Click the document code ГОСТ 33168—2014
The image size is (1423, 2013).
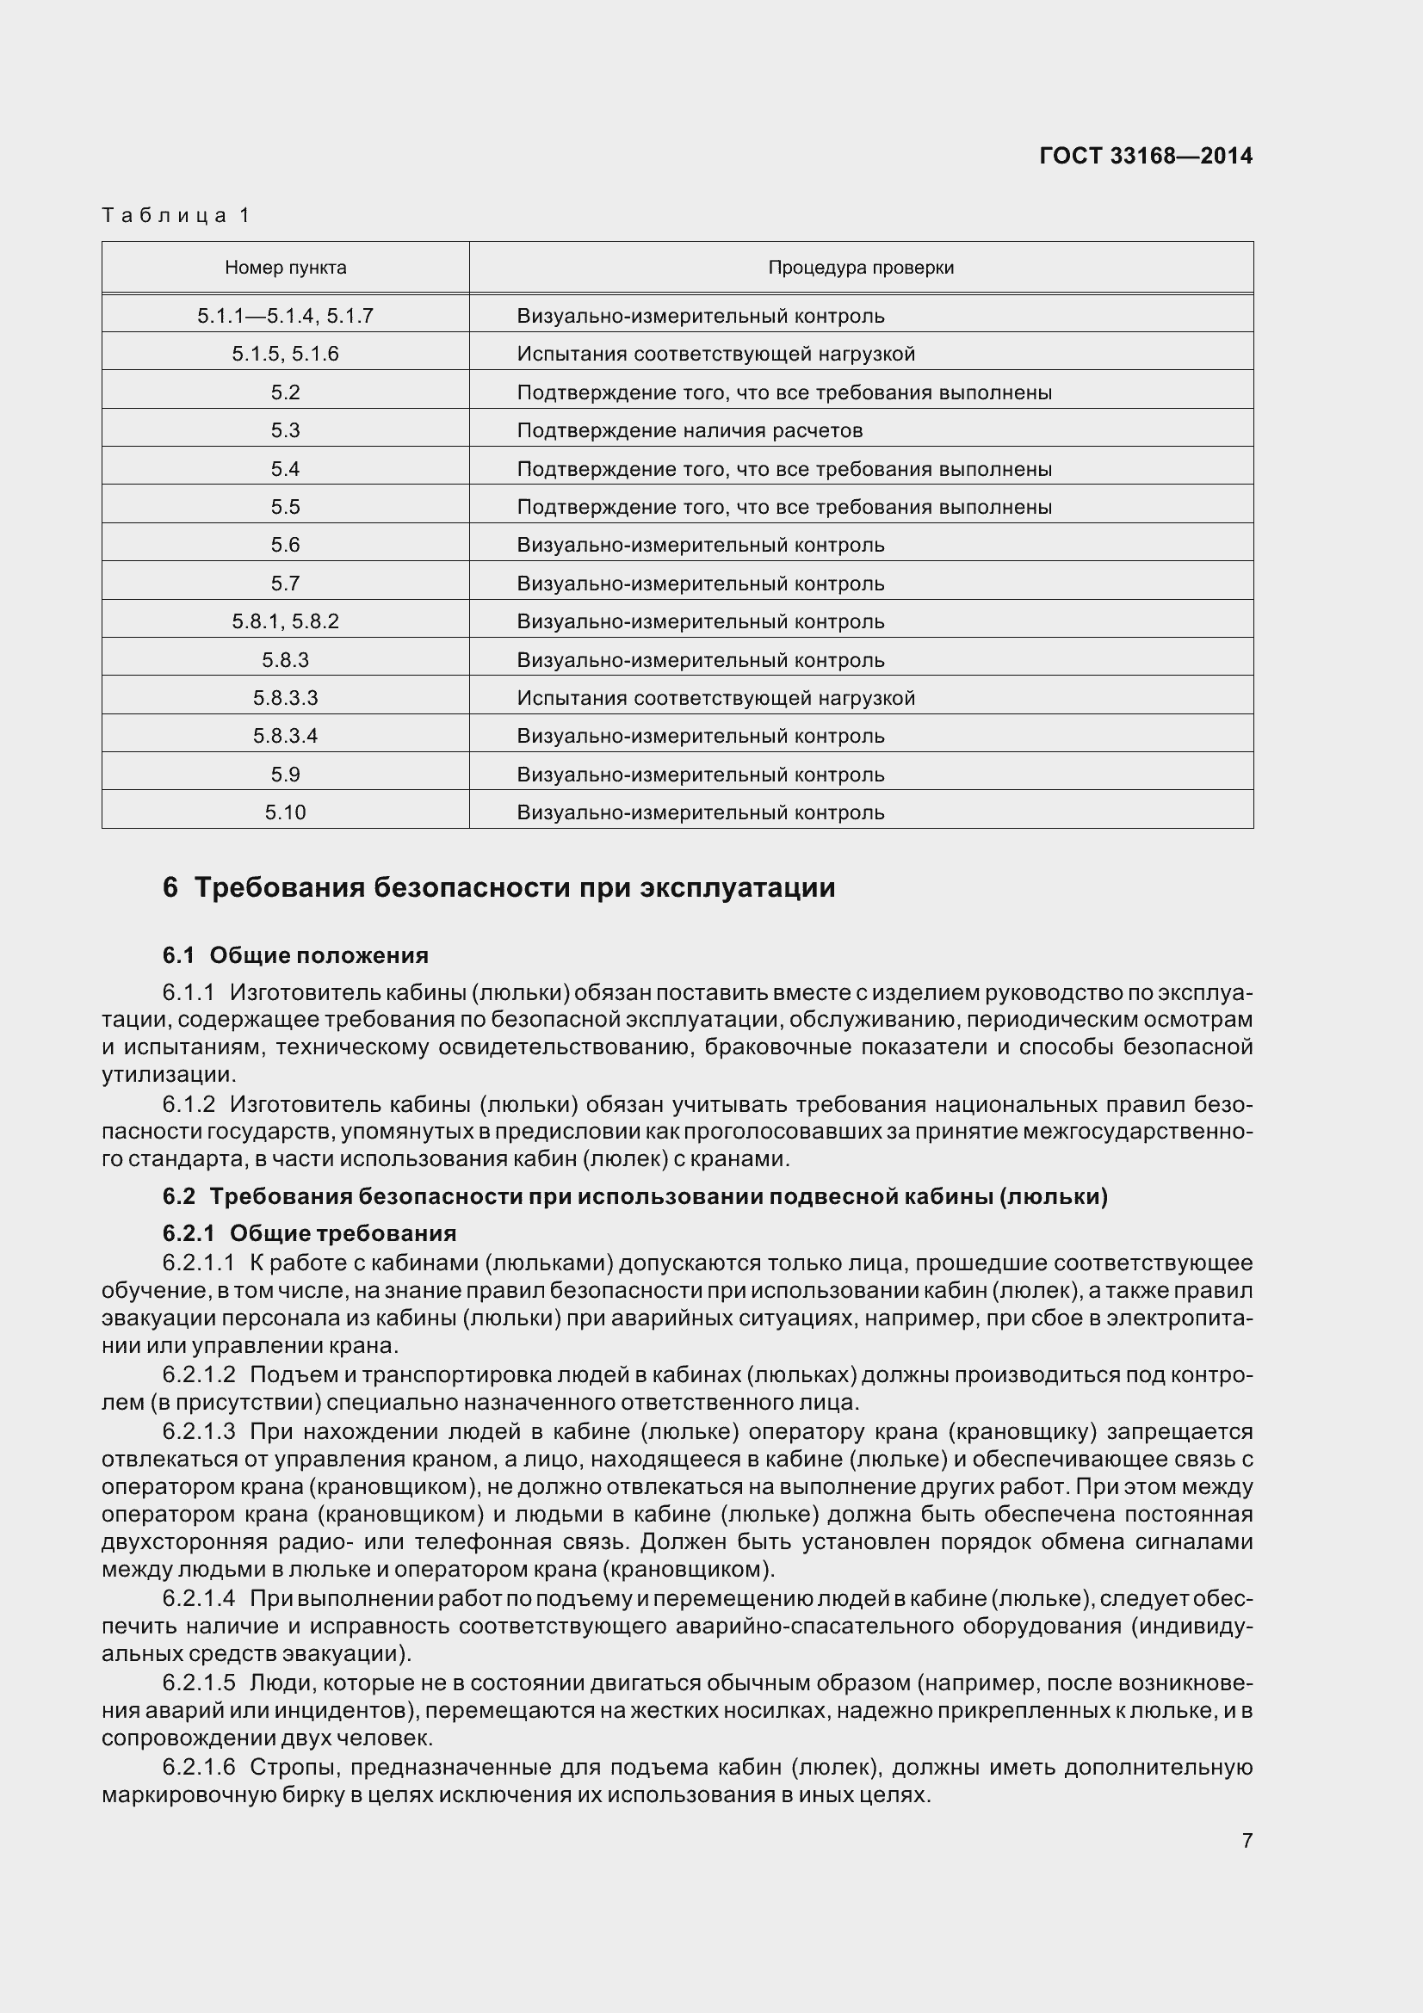[x=1145, y=156]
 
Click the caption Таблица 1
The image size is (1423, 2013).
[x=176, y=215]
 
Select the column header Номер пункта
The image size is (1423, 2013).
[x=286, y=268]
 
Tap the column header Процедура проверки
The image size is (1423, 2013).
[x=860, y=268]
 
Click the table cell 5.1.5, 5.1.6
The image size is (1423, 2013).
[x=286, y=355]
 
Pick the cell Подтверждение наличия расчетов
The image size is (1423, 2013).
[x=690, y=430]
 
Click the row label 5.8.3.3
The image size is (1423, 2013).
[x=286, y=698]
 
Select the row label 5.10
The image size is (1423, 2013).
[x=286, y=812]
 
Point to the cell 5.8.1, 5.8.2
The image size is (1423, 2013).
[x=286, y=621]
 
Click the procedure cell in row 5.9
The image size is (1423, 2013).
[x=701, y=775]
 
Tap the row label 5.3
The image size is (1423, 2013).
[x=286, y=430]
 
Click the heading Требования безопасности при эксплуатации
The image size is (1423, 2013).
[x=514, y=887]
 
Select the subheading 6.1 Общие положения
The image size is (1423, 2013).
[x=295, y=954]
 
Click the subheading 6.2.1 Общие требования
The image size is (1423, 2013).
[x=310, y=1233]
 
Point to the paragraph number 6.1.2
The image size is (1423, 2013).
[x=189, y=1104]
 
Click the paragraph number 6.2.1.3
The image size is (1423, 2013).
[x=199, y=1432]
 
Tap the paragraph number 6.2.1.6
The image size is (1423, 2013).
[x=199, y=1768]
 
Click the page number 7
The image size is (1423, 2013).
[x=1247, y=1840]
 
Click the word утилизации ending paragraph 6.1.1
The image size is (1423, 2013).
[x=168, y=1074]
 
